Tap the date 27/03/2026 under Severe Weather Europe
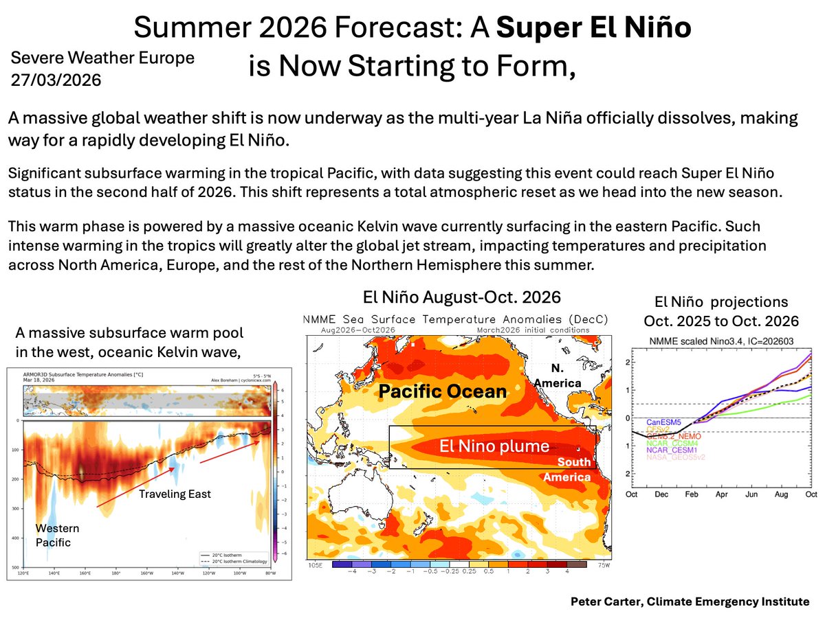[x=56, y=80]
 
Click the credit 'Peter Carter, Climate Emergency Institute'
[x=690, y=602]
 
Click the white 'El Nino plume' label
[x=494, y=446]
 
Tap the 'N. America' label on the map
[x=562, y=375]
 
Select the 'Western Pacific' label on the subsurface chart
[x=57, y=535]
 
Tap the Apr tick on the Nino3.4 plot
[x=721, y=494]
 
